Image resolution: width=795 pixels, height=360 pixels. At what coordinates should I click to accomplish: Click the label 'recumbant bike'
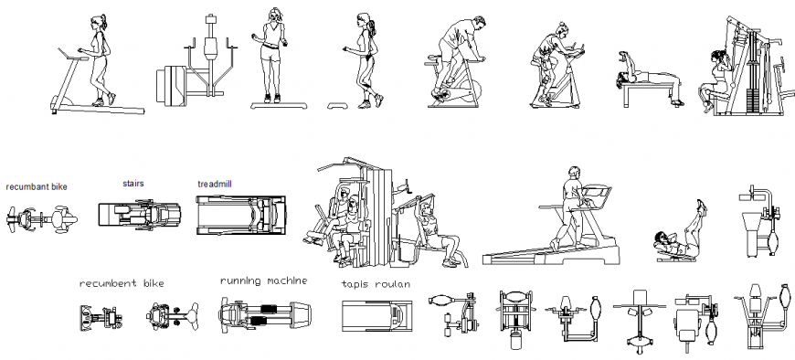pyautogui.click(x=37, y=187)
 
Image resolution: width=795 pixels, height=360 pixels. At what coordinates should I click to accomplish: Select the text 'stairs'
pyautogui.click(x=133, y=183)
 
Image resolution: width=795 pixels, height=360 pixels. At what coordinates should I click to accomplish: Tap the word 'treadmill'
pyautogui.click(x=215, y=184)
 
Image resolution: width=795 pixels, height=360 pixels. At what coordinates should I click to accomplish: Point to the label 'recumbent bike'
pyautogui.click(x=122, y=284)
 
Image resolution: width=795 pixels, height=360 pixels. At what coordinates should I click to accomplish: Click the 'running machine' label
pyautogui.click(x=263, y=281)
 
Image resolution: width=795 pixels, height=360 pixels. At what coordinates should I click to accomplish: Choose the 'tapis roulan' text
pyautogui.click(x=376, y=284)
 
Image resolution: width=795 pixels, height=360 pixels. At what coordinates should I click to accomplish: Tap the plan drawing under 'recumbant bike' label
pyautogui.click(x=41, y=218)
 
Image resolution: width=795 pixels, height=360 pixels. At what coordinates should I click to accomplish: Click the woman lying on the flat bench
pyautogui.click(x=649, y=84)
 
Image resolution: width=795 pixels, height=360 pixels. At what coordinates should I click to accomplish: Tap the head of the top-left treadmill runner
pyautogui.click(x=98, y=22)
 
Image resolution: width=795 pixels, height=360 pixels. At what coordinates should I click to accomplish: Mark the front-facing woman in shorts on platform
pyautogui.click(x=273, y=55)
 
